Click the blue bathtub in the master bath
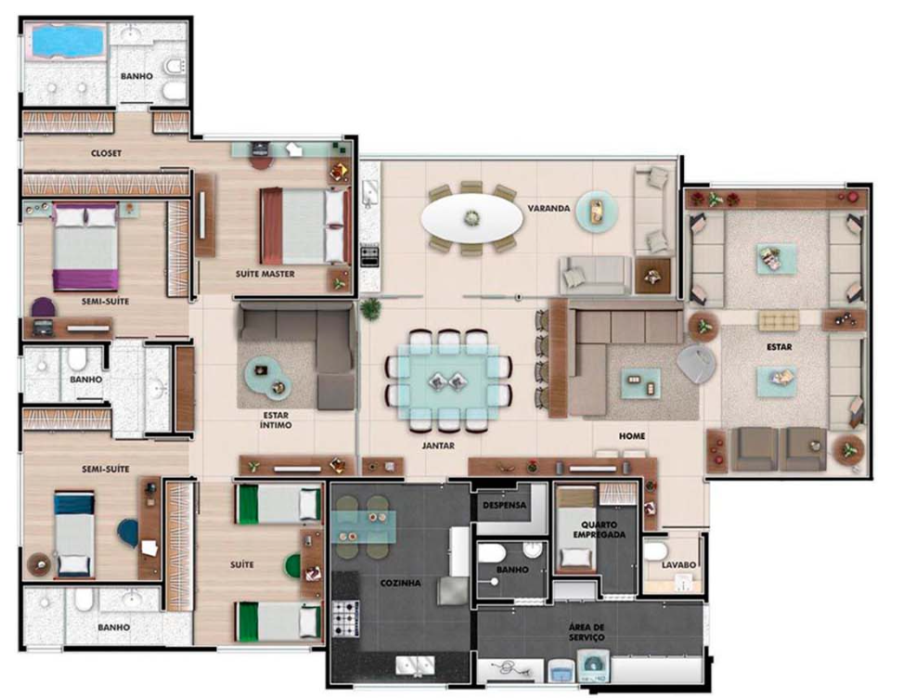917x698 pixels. pos(66,41)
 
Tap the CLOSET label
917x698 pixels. pos(107,153)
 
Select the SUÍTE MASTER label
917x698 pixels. pos(265,274)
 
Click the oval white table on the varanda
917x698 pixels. pos(471,217)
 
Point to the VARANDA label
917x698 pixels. pos(549,208)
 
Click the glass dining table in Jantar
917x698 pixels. pos(448,381)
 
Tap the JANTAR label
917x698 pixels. pos(438,446)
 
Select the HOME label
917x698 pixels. pos(632,436)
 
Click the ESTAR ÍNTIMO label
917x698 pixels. pos(276,420)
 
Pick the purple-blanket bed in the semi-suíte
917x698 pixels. pos(86,246)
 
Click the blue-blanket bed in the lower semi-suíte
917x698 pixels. pos(74,534)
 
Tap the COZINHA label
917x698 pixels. pos(400,583)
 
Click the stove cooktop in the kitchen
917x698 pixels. pos(346,618)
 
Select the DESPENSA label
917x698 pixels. pos(504,505)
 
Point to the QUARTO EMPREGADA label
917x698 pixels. pos(599,529)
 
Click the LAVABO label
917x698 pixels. pos(678,564)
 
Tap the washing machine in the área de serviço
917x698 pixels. pos(594,666)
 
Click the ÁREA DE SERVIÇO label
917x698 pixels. pos(587,632)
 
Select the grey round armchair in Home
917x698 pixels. pos(696,363)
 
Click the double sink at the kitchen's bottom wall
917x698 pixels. pos(415,666)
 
